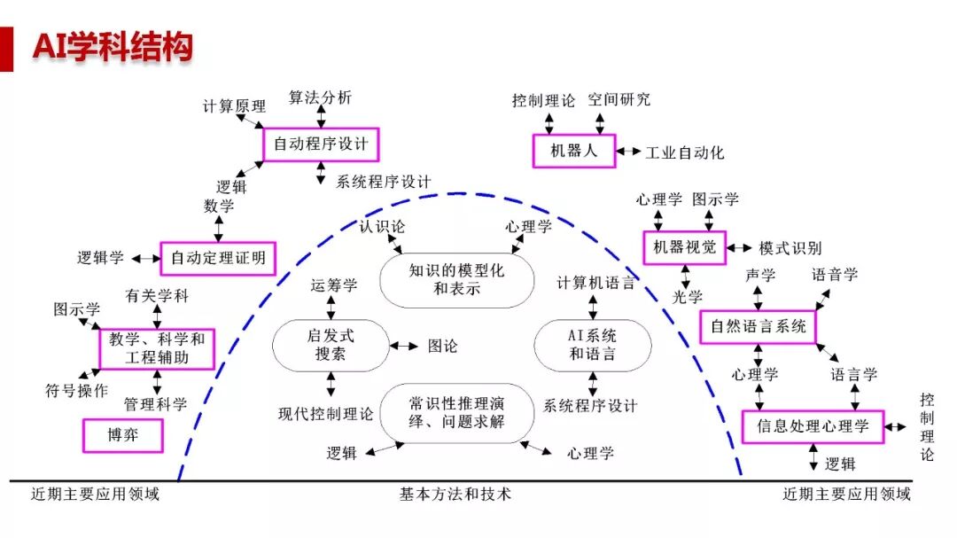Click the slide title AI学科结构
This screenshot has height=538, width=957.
(x=113, y=46)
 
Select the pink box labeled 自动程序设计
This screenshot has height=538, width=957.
(x=320, y=144)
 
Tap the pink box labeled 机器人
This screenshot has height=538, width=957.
(x=573, y=151)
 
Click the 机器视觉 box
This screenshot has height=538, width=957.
(x=684, y=247)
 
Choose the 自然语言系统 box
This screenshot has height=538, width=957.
(x=758, y=327)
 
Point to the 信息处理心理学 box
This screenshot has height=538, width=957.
(x=813, y=426)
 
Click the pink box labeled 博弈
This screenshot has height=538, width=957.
(x=123, y=435)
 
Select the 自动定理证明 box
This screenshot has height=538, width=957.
(x=217, y=258)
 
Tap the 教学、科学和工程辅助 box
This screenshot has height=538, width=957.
(x=157, y=348)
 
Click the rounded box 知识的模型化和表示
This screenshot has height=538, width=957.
(x=456, y=279)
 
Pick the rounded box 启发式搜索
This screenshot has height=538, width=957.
(x=330, y=346)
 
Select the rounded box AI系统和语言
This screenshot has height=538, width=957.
(x=592, y=346)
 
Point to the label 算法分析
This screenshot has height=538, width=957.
(x=320, y=97)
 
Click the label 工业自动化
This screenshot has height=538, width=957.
(x=684, y=152)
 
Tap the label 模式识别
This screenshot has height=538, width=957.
(x=790, y=248)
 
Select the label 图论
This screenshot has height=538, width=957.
(x=442, y=346)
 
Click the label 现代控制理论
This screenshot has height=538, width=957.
(x=325, y=413)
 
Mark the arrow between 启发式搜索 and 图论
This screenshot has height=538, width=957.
(x=404, y=346)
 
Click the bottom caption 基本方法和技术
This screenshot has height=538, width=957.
(x=455, y=494)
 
